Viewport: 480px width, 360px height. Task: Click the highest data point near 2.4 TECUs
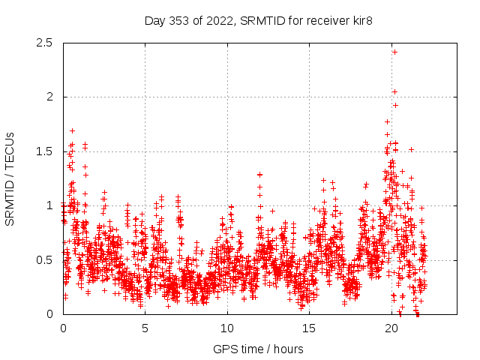pyautogui.click(x=394, y=52)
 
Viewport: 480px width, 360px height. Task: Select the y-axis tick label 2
pyautogui.click(x=49, y=97)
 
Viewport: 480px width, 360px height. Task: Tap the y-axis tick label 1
pyautogui.click(x=49, y=205)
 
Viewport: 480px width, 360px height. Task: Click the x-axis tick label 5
pyautogui.click(x=145, y=328)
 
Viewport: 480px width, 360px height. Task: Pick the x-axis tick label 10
pyautogui.click(x=227, y=328)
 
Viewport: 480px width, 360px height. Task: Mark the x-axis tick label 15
pyautogui.click(x=309, y=328)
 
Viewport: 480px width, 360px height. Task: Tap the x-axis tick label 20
pyautogui.click(x=391, y=328)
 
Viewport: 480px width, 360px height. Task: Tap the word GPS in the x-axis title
pyautogui.click(x=225, y=349)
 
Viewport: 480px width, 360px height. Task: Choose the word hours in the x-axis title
pyautogui.click(x=289, y=349)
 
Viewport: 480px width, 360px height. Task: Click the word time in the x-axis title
pyautogui.click(x=251, y=349)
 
